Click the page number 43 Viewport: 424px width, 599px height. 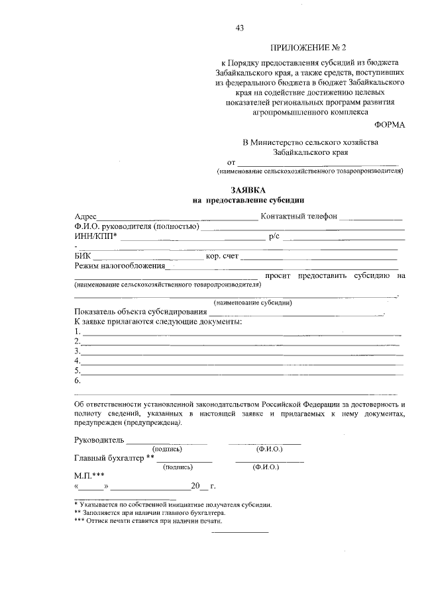(239, 27)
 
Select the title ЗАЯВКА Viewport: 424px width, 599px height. (248, 190)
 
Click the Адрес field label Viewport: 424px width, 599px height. (85, 216)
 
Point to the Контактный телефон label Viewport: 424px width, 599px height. (299, 216)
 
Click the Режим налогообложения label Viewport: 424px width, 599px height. (119, 266)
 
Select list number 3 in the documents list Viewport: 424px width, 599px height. (78, 351)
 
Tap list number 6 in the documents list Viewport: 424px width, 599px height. (78, 381)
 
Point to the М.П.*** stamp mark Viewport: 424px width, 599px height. (89, 475)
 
